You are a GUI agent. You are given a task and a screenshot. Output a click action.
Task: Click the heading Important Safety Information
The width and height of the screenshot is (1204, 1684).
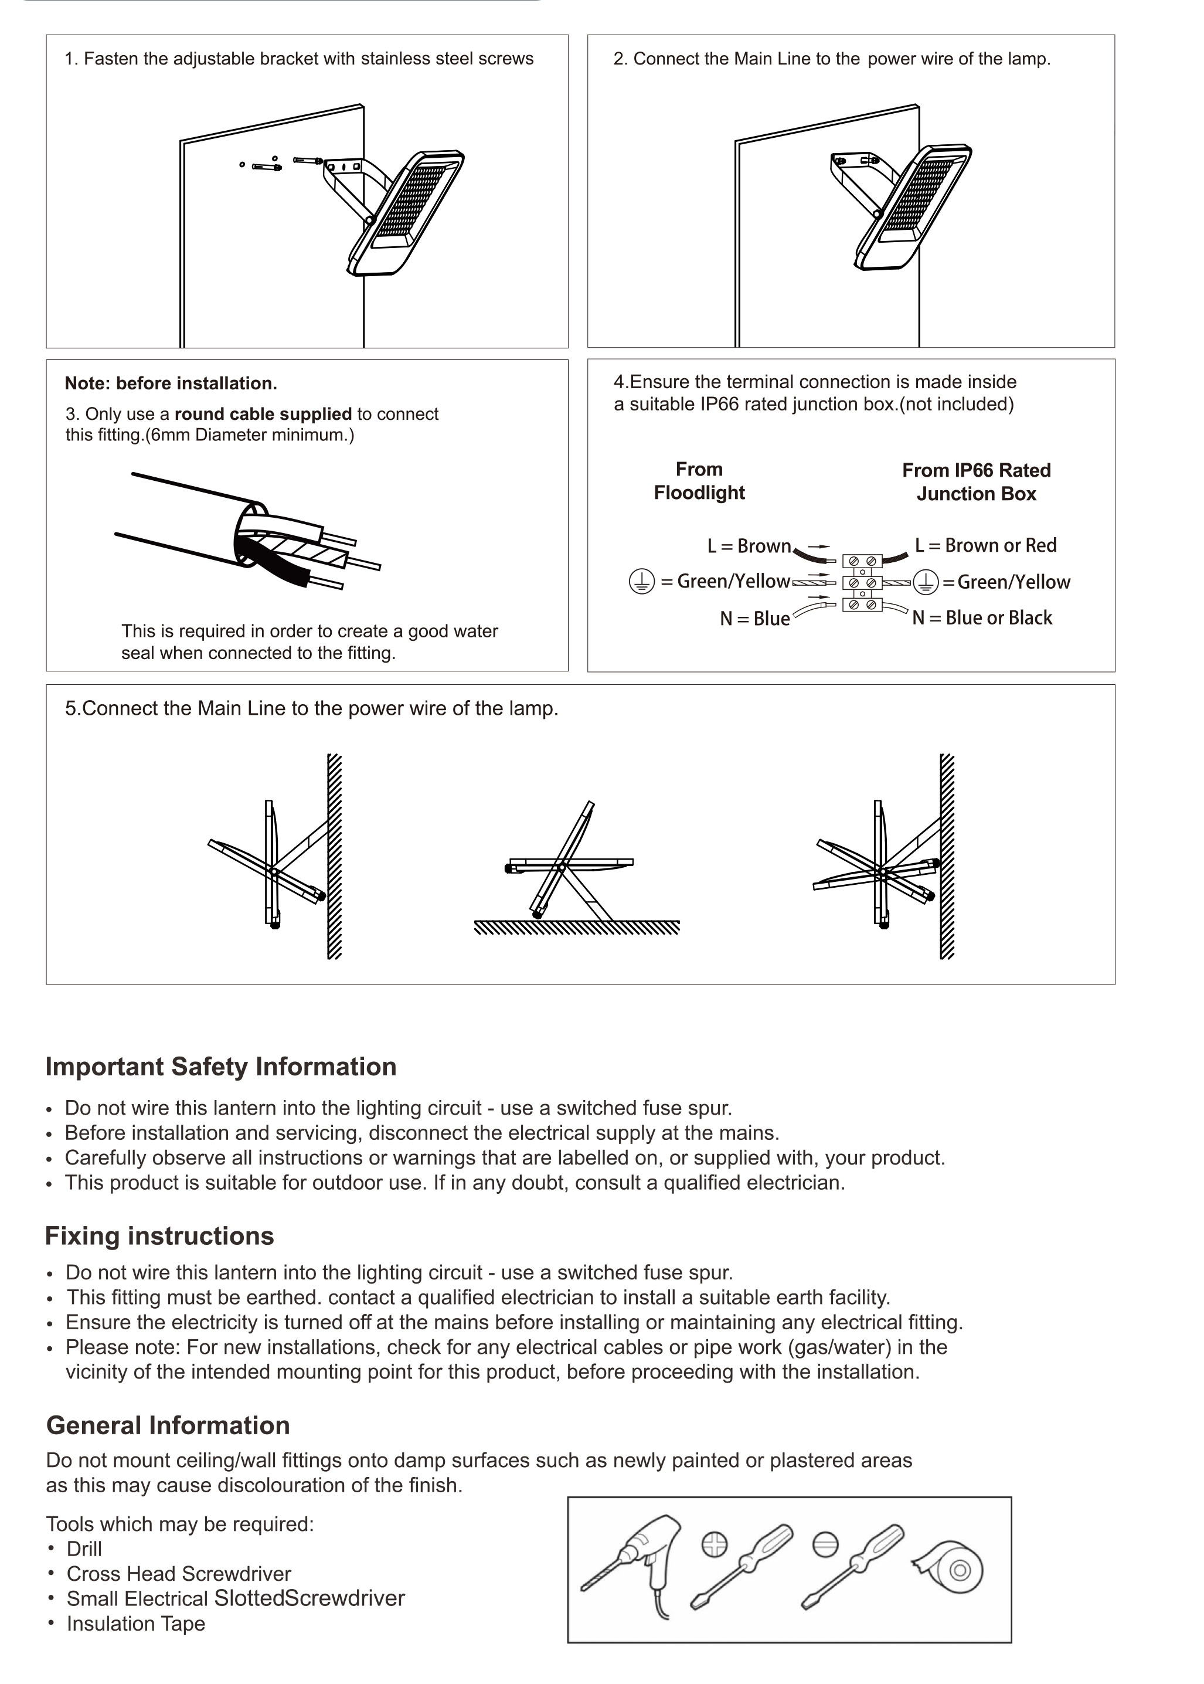click(x=221, y=1067)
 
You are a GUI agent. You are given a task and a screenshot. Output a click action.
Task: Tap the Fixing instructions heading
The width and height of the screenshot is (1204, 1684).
click(x=159, y=1236)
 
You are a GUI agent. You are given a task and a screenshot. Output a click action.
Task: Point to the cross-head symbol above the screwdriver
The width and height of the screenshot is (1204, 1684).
click(x=714, y=1544)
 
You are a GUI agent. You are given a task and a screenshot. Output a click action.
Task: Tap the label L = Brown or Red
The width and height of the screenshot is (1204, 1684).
click(x=985, y=546)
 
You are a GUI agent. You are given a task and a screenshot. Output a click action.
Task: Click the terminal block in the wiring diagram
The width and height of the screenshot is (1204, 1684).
click(x=862, y=583)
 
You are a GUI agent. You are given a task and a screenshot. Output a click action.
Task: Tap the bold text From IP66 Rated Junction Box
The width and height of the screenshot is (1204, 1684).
click(x=977, y=482)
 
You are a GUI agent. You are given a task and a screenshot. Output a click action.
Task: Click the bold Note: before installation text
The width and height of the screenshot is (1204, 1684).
click(x=171, y=383)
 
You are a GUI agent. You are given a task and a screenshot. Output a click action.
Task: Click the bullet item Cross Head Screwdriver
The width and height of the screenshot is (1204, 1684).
click(x=179, y=1574)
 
